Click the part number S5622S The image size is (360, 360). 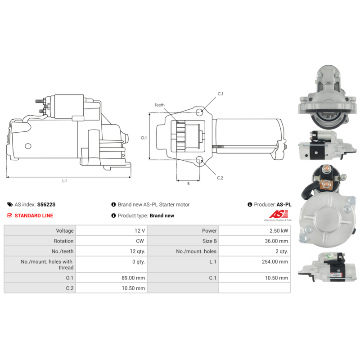point(46,205)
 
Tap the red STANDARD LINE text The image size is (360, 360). point(34,216)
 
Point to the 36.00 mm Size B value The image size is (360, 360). point(276,241)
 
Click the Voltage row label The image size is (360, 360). point(65,231)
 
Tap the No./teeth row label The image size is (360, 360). point(63,252)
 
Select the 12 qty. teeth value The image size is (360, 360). point(137,252)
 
